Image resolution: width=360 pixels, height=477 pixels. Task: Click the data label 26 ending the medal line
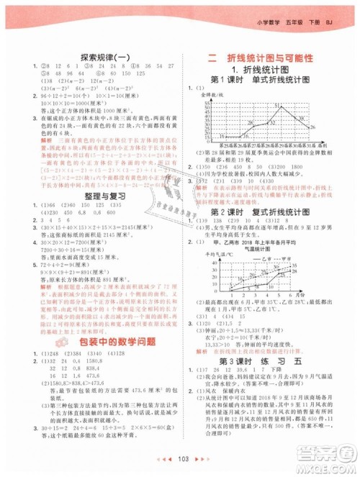312,127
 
